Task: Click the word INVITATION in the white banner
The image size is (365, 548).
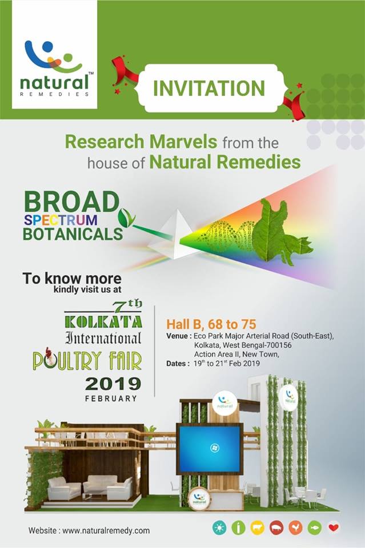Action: click(208, 88)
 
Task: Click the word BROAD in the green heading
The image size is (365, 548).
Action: click(71, 202)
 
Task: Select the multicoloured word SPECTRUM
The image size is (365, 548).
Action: click(69, 219)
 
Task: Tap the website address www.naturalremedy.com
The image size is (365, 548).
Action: click(106, 530)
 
